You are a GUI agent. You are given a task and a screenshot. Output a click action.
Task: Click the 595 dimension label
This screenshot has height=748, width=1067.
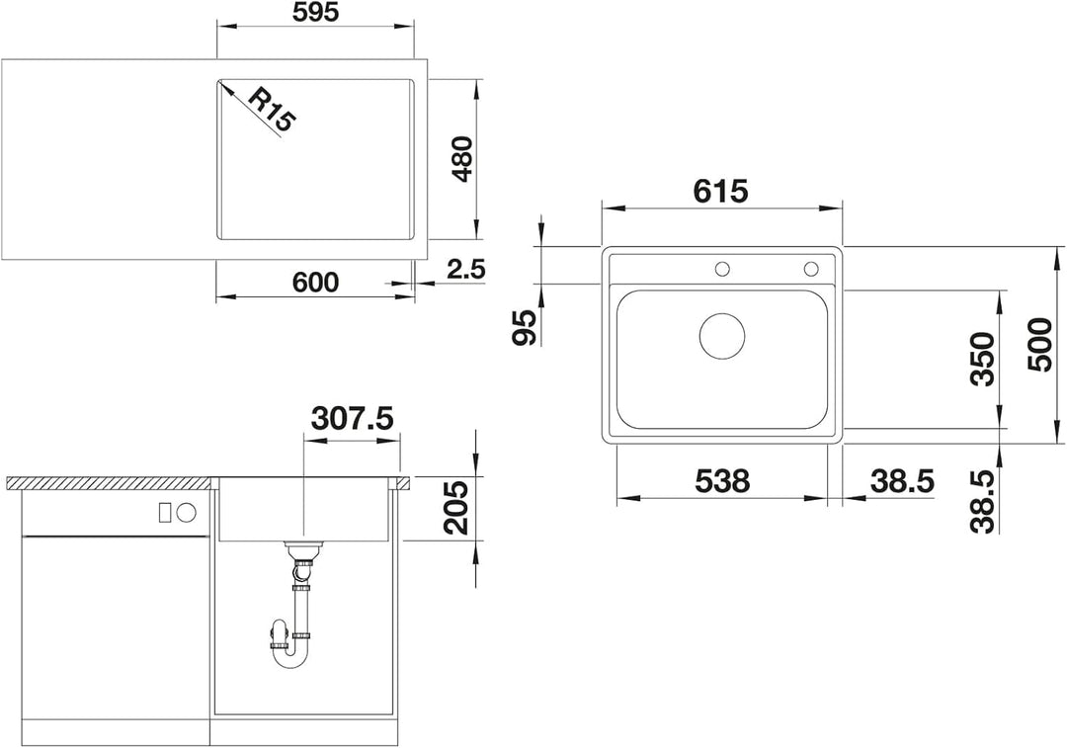[x=314, y=12]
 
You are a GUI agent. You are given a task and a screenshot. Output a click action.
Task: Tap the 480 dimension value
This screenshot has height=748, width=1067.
[x=462, y=158]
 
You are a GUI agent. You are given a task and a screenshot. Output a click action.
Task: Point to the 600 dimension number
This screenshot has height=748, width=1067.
[x=314, y=282]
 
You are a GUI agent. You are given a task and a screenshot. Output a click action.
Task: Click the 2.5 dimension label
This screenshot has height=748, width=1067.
[x=466, y=270]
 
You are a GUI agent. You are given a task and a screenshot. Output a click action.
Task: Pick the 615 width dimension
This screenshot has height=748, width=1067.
[x=720, y=192]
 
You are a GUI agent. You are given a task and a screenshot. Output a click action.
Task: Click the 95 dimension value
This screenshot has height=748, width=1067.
[x=525, y=327]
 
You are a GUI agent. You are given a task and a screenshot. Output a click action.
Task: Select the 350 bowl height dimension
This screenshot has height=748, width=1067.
[x=983, y=360]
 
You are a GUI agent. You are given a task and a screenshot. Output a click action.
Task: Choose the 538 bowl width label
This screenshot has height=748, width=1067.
[x=722, y=481]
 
